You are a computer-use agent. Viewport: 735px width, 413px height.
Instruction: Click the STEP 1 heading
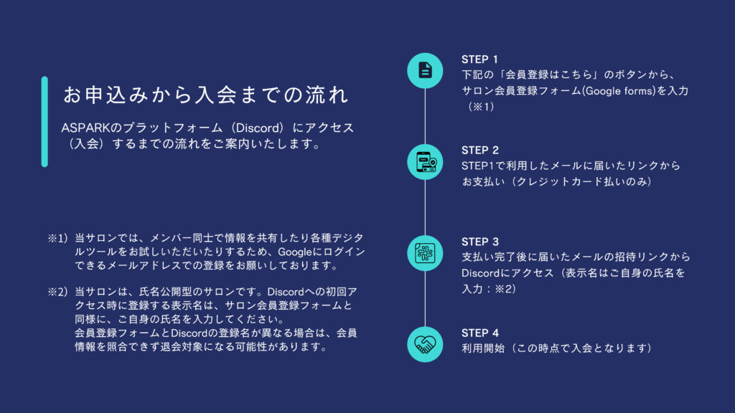(479, 60)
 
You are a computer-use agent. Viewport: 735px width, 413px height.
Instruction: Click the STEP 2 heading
(480, 151)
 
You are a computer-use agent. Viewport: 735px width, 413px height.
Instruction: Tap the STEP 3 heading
(480, 242)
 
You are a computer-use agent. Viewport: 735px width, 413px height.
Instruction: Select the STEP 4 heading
(480, 333)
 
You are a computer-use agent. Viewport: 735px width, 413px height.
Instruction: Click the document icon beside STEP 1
(425, 71)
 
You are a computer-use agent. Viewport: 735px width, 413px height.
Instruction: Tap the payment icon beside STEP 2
(425, 162)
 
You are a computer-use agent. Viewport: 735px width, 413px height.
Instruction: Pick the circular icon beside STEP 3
(425, 253)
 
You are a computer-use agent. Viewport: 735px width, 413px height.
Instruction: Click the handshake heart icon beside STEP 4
(425, 345)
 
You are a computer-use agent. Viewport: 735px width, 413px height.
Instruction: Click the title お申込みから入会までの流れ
(206, 95)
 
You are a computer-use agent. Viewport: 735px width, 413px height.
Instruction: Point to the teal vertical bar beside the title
(45, 122)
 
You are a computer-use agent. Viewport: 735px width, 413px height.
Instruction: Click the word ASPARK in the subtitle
(85, 128)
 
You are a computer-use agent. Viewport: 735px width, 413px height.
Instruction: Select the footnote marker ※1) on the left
(58, 238)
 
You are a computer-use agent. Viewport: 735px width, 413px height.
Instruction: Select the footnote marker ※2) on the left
(58, 293)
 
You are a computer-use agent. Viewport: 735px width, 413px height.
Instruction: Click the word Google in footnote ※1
(295, 252)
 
